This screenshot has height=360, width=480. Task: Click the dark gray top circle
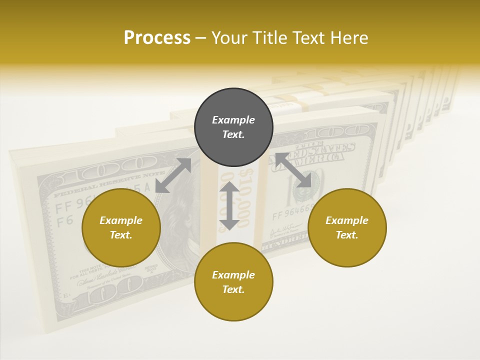pos(233,127)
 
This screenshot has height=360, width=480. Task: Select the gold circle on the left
pos(121,227)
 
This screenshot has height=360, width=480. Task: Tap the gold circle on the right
pos(347,227)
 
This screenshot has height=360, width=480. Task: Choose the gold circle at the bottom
pos(233,281)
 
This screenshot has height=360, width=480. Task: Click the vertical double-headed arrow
pos(229,205)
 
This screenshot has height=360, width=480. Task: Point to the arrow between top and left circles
pos(173,175)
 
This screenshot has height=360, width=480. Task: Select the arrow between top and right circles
pos(293,170)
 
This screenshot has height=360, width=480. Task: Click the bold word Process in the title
pos(157,38)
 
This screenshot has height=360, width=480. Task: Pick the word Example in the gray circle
pos(233,120)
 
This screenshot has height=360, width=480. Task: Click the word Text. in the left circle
pos(121,235)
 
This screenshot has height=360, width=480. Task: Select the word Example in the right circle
pos(347,220)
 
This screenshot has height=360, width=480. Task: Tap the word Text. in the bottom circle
pos(233,289)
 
